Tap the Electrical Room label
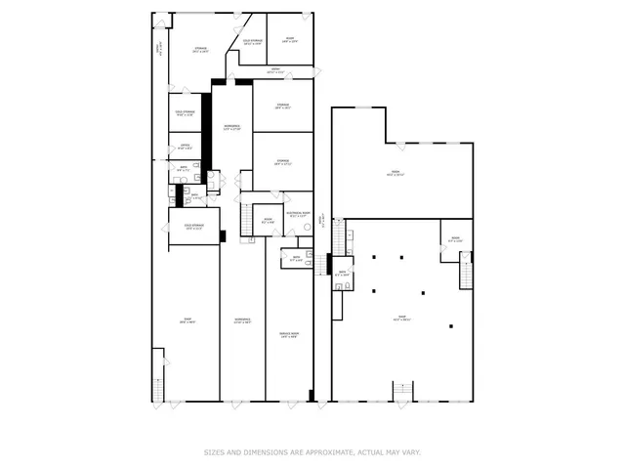pos(298,214)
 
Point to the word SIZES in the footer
pos(214,452)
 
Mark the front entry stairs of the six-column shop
pos(401,391)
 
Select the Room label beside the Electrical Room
pos(268,222)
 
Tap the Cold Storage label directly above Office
pos(185,112)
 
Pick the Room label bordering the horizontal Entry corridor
pos(289,41)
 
